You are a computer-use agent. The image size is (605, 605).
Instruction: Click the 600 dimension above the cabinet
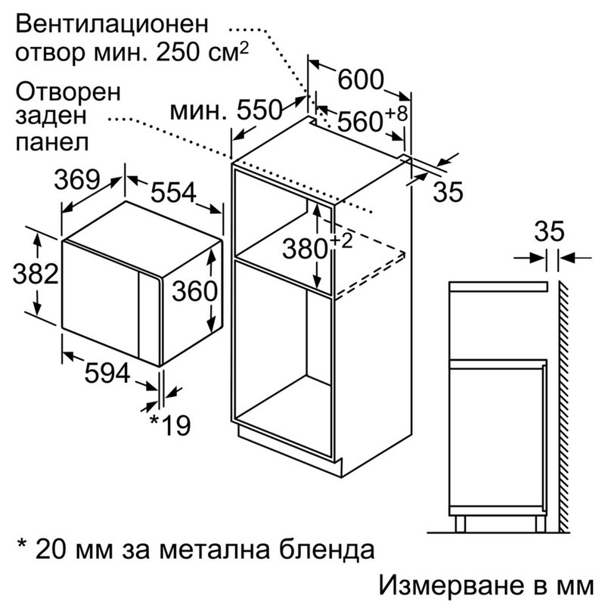point(361,79)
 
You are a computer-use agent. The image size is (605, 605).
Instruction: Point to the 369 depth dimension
point(76,179)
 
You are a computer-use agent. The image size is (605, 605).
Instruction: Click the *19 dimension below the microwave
point(169,425)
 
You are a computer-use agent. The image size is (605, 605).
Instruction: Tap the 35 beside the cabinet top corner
point(448,192)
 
